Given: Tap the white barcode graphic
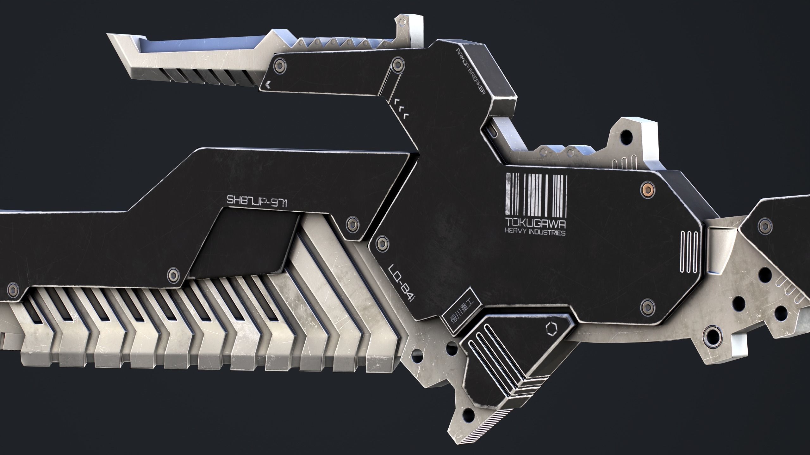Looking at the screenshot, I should point(536,194).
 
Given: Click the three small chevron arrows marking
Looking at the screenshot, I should point(401,110).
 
